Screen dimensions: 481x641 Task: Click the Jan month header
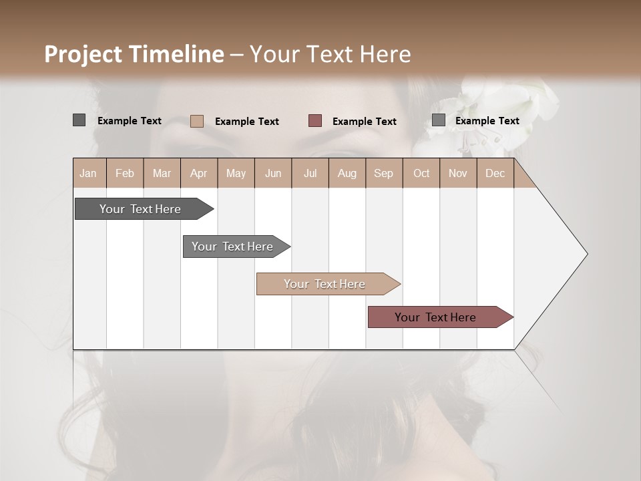click(x=88, y=174)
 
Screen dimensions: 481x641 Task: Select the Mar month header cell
click(x=162, y=174)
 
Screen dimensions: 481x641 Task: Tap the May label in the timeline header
click(x=236, y=174)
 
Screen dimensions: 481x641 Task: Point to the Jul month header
click(x=310, y=174)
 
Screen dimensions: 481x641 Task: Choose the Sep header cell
click(x=383, y=174)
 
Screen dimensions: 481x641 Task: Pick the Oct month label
click(x=421, y=174)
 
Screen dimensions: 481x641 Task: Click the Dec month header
click(x=495, y=174)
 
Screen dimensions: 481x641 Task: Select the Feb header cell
click(x=125, y=174)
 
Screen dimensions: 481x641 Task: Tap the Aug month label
click(x=347, y=174)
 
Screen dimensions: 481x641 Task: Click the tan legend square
click(x=196, y=121)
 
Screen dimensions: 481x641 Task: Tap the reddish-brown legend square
click(x=315, y=121)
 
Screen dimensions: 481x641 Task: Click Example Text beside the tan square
click(x=246, y=122)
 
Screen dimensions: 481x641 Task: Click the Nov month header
click(x=458, y=174)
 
